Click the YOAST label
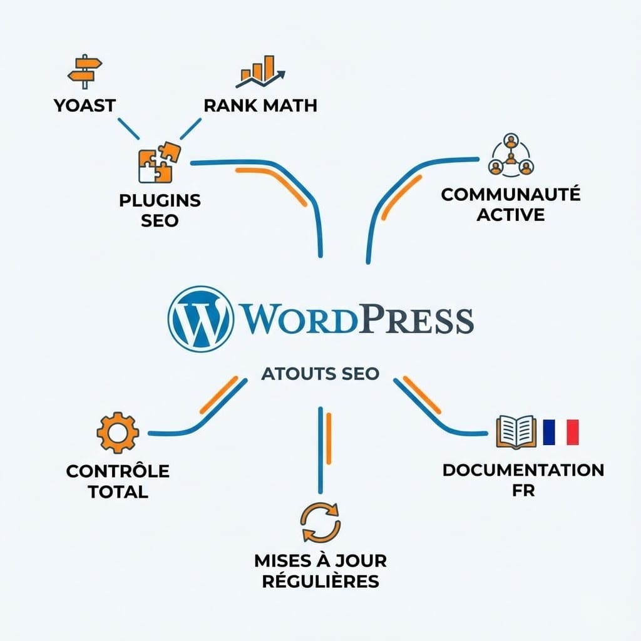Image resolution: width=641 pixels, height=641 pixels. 85,105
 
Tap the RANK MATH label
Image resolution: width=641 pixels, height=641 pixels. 260,105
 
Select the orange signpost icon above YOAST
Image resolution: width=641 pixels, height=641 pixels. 84,71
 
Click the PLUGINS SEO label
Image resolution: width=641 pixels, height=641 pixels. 160,210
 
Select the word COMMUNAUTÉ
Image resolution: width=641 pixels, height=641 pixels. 511,194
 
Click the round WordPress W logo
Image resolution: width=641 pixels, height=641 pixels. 200,319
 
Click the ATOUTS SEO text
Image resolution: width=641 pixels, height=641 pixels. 320,374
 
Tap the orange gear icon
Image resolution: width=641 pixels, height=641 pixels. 117,433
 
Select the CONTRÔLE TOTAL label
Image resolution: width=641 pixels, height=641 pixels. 118,481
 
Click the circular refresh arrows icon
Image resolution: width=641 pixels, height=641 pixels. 320,523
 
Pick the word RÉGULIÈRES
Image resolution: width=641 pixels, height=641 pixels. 320,580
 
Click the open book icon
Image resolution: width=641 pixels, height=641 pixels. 515,432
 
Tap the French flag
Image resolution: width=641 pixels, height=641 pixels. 561,432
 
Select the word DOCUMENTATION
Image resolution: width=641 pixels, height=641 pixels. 523,469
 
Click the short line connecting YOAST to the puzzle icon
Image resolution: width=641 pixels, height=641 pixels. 128,128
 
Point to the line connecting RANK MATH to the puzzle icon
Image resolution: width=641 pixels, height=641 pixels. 191,128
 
